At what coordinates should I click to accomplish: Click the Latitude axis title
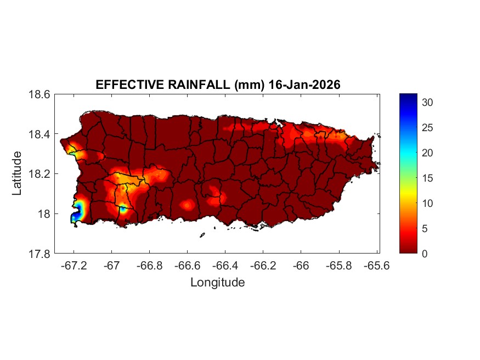[x=17, y=173]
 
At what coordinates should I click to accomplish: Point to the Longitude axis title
[x=217, y=283]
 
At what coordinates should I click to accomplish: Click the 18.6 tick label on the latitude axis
[x=39, y=94]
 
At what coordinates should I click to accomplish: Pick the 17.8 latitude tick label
[x=39, y=254]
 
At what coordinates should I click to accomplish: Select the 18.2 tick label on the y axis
[x=39, y=174]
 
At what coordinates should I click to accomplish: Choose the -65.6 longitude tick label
[x=376, y=265]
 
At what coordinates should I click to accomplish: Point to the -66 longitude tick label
[x=301, y=265]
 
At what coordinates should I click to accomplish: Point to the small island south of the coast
[x=202, y=235]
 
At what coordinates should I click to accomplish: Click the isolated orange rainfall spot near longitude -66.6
[x=187, y=205]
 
